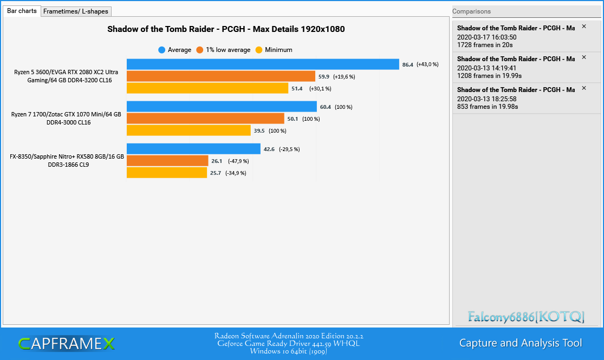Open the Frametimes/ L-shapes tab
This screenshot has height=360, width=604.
tap(76, 11)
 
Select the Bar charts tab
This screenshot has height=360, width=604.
tap(22, 11)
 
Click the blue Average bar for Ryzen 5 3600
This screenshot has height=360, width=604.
tap(263, 64)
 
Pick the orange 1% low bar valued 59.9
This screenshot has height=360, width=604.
tap(220, 76)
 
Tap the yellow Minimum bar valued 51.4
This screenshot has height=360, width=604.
tap(207, 88)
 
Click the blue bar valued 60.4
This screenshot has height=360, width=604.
tap(222, 107)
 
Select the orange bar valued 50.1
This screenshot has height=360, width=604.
tap(205, 119)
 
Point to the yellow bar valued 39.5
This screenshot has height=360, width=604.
tap(189, 130)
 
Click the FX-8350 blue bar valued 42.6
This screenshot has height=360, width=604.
tap(193, 149)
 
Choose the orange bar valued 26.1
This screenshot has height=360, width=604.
tap(167, 161)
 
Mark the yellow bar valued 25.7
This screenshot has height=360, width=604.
tap(167, 173)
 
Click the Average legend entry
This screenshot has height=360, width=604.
tap(175, 50)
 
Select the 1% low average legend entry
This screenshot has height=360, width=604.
tap(223, 50)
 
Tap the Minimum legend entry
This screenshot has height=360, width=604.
tap(274, 50)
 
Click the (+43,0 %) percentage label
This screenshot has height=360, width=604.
tap(427, 64)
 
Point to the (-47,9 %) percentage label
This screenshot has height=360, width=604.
tap(238, 161)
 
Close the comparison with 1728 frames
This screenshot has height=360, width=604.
tap(584, 27)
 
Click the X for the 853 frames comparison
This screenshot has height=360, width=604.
tap(584, 88)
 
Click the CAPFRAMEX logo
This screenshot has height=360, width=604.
tap(66, 343)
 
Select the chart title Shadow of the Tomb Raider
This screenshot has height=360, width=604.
tap(226, 29)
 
